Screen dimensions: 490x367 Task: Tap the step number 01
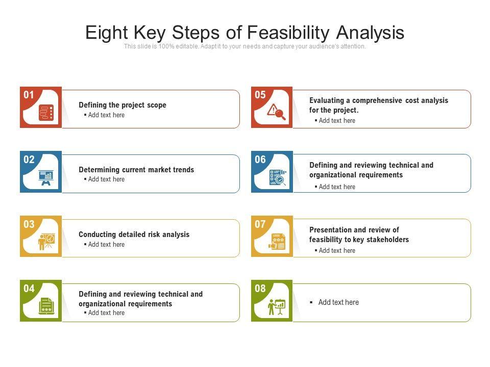pos(29,95)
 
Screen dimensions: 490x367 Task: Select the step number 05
pos(260,95)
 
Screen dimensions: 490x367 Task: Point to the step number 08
pos(260,289)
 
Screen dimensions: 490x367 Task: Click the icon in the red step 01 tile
pos(46,113)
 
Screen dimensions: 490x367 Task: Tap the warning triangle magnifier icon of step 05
pos(277,112)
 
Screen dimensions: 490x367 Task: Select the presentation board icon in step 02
pos(46,177)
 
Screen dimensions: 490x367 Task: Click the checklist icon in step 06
pos(278,177)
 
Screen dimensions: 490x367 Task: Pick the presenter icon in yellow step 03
pos(46,242)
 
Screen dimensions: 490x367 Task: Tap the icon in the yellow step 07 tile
pos(277,242)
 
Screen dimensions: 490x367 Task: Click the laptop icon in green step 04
pos(46,306)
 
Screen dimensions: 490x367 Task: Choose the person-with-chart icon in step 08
pos(277,307)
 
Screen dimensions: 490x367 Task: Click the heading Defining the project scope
pos(122,105)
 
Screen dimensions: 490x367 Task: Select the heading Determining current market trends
pos(136,170)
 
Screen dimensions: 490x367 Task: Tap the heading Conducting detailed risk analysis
pos(134,234)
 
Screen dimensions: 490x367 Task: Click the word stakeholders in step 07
pos(387,240)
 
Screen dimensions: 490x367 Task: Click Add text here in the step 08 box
pos(338,302)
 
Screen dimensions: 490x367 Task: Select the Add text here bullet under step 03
pos(106,245)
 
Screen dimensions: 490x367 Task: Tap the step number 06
pos(260,160)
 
